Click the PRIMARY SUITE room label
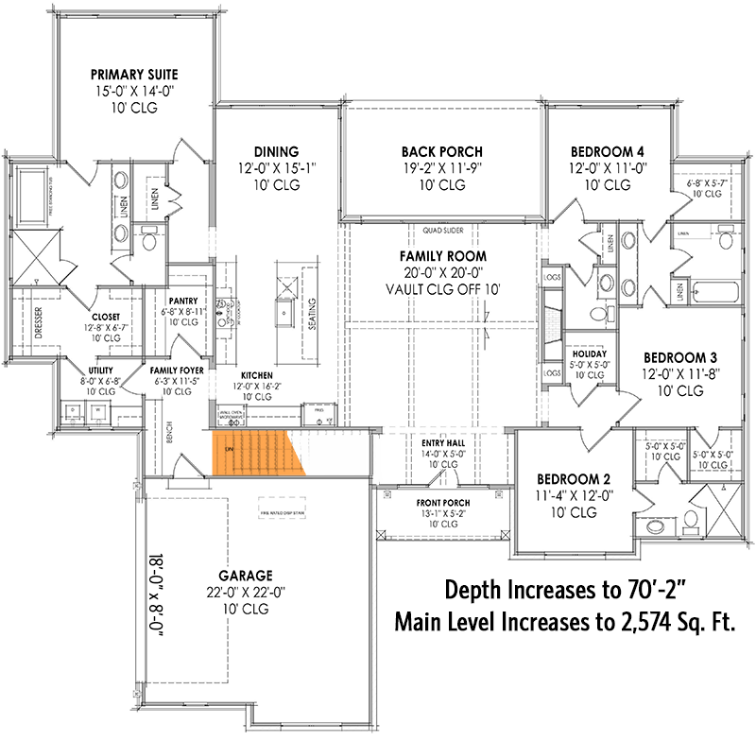click(134, 74)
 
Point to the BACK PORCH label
click(441, 151)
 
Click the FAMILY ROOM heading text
click(442, 256)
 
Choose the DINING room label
click(276, 151)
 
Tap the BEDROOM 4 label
click(608, 151)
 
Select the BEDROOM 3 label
click(680, 357)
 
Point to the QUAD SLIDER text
click(442, 230)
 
